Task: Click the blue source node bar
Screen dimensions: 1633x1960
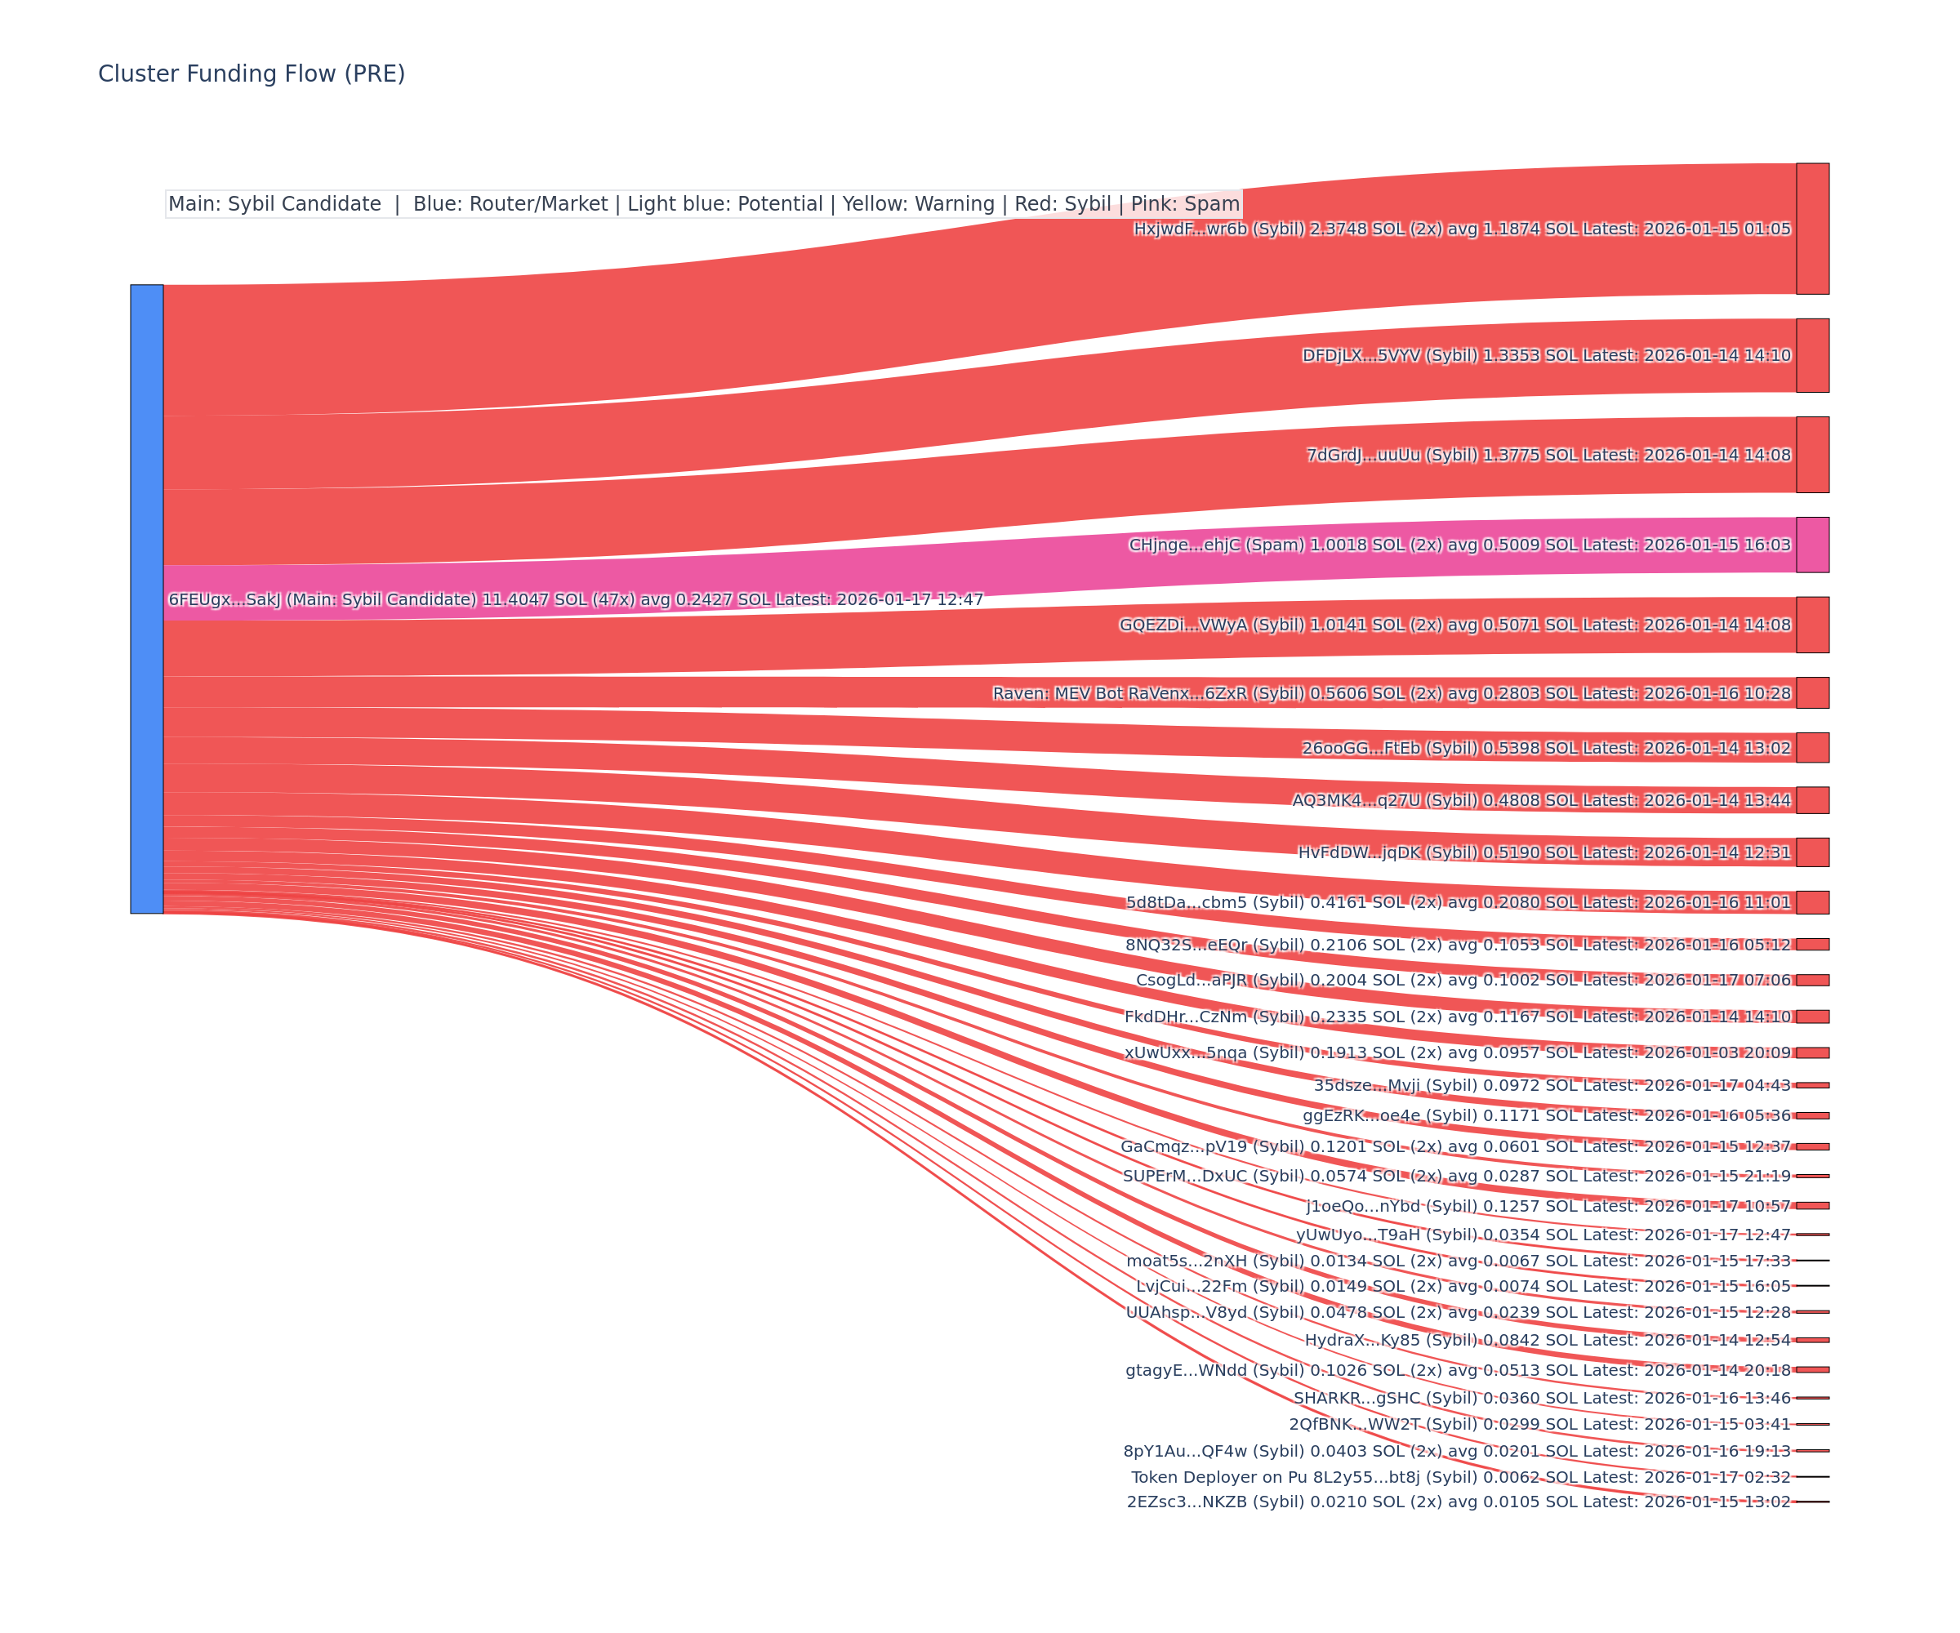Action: click(146, 598)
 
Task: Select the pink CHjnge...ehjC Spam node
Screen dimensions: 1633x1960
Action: click(1811, 545)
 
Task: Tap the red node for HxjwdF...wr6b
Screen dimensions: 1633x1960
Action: click(1811, 229)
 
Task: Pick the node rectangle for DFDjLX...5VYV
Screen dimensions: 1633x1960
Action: click(1811, 355)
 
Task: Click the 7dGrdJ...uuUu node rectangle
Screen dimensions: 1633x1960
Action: click(1811, 455)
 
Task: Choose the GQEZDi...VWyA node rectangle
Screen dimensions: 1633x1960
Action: click(1811, 625)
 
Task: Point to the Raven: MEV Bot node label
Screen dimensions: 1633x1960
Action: click(1391, 693)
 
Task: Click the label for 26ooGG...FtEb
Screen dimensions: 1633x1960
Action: click(1546, 747)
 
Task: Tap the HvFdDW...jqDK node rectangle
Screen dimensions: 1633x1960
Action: click(1811, 852)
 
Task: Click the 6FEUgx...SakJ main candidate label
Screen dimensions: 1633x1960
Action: click(575, 599)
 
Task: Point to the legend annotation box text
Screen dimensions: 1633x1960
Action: click(704, 204)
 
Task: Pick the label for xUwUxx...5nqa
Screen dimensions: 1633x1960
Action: click(1457, 1052)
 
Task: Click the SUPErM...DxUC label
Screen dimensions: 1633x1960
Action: click(1456, 1176)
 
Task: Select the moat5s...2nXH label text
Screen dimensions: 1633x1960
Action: click(1458, 1261)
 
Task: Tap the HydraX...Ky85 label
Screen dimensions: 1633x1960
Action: click(1548, 1340)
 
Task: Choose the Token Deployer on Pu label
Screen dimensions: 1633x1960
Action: click(1461, 1477)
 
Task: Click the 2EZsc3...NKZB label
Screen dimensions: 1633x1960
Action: click(1458, 1502)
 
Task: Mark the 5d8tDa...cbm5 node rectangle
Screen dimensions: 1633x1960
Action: click(1811, 902)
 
